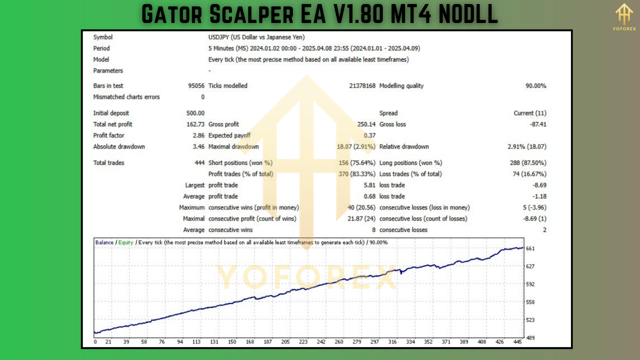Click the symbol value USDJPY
tap(220, 37)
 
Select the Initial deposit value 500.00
tap(195, 113)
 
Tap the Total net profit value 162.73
tap(195, 124)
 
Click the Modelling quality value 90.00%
tap(535, 86)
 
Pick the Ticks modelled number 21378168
tap(362, 86)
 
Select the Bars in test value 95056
tap(196, 86)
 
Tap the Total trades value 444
tap(199, 163)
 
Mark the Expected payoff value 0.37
tap(369, 135)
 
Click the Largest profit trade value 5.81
tap(369, 185)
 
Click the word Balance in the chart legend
tap(104, 242)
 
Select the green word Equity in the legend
tap(125, 242)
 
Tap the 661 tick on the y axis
tap(530, 248)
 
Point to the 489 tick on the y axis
tap(530, 338)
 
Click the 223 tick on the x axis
tap(303, 342)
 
